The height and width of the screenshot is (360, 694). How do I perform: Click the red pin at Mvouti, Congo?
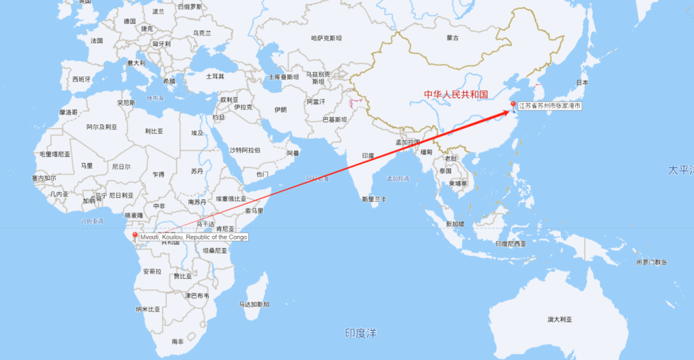point(134,235)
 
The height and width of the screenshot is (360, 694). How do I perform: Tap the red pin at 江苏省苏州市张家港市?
point(512,105)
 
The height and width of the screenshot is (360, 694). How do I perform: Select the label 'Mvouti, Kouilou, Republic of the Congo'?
point(193,237)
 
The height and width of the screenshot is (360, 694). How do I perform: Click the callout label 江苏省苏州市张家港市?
point(549,105)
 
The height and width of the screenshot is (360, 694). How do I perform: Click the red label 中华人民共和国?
point(456,94)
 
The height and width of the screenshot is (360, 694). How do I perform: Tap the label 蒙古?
point(453,38)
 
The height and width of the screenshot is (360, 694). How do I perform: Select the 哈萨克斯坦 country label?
point(326,38)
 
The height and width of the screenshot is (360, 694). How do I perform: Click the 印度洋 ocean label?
point(360,332)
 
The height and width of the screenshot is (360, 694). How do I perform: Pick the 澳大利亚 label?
point(559,319)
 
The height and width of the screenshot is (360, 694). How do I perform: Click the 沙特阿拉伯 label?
point(245,150)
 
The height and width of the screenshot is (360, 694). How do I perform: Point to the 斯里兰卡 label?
point(375,199)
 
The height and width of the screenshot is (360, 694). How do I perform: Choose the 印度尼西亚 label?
point(512,244)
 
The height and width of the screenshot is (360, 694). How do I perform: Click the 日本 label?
point(582,83)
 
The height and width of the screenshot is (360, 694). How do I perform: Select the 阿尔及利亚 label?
point(102,127)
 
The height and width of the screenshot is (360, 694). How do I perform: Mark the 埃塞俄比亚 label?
point(231,199)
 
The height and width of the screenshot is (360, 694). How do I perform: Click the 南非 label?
point(177,341)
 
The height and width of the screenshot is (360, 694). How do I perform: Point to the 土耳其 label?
point(215,76)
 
